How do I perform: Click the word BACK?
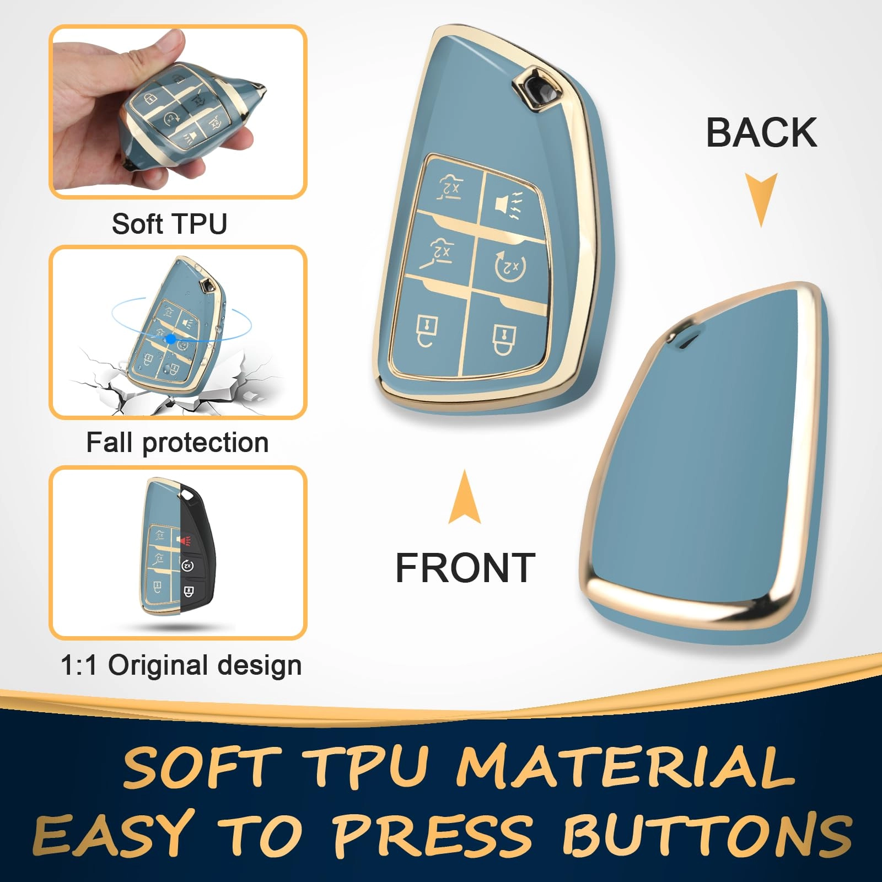pos(761,133)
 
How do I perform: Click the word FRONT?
pos(465,568)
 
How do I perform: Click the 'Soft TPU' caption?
pos(169,224)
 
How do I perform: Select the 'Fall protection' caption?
pos(177,443)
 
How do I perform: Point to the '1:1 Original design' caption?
pos(181,665)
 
